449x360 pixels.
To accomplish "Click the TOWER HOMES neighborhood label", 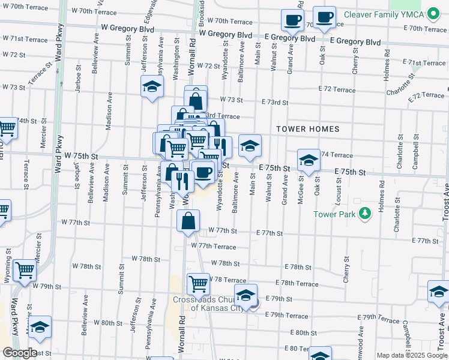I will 308,129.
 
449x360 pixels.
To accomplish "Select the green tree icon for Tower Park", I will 363,214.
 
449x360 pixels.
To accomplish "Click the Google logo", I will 19,353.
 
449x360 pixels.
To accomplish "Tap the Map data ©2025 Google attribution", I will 411,355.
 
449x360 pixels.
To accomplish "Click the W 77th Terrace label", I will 214,246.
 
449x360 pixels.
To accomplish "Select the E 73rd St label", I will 275,103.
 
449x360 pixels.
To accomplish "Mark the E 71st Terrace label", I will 425,62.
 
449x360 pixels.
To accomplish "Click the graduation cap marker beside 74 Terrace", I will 309,160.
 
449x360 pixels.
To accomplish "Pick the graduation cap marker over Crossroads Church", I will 246,295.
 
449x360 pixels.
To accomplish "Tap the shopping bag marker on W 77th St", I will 188,221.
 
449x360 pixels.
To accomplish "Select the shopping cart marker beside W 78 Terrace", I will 197,283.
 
